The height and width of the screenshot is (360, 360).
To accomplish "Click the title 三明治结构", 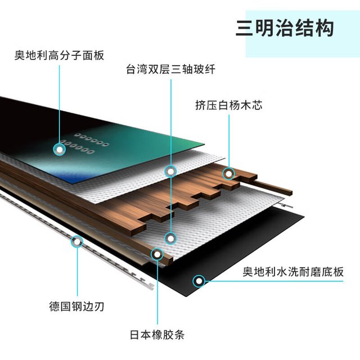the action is click(285, 29).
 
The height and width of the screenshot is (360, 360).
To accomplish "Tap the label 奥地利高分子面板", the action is click(59, 55).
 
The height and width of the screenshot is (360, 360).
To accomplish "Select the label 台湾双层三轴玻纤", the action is click(170, 69).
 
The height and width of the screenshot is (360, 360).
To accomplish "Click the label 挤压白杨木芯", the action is click(229, 105).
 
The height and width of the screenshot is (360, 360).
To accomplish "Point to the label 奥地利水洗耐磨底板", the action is click(293, 272).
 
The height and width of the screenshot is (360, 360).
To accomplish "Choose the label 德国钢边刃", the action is click(76, 307).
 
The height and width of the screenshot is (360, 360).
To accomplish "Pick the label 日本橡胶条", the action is click(157, 335).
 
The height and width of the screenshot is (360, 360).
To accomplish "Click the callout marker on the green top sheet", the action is click(60, 150).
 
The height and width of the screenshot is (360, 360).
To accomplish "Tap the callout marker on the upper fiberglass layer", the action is click(170, 172).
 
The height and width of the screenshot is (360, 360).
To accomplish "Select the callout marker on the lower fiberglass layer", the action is click(170, 238).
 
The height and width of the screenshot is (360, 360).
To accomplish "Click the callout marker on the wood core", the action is click(229, 174).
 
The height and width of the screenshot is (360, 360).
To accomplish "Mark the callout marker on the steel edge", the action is click(77, 242).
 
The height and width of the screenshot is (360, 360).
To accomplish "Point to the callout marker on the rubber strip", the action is click(157, 254).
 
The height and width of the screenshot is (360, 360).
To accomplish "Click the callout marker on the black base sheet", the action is click(199, 281).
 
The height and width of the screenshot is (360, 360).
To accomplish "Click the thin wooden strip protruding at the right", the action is click(272, 187).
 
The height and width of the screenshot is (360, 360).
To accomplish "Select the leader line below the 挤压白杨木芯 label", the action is click(229, 141).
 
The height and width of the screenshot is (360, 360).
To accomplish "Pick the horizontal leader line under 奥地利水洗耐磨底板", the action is click(274, 281).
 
